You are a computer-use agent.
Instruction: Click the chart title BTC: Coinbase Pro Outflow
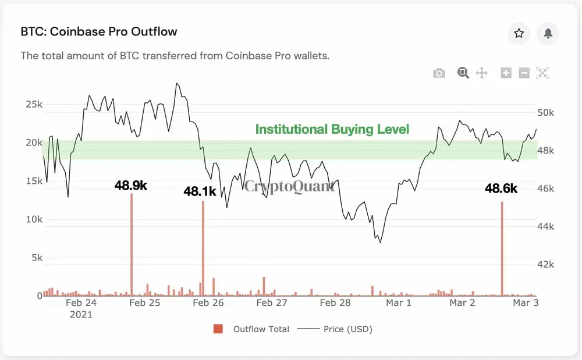(99, 31)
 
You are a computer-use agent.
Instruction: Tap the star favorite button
(519, 34)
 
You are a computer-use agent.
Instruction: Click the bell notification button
(548, 34)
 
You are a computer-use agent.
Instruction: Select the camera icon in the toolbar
(439, 73)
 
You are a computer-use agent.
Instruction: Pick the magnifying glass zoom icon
(463, 73)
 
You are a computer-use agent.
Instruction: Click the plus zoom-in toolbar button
(506, 73)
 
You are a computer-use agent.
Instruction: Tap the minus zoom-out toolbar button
(524, 73)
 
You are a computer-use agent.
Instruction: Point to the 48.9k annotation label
(130, 186)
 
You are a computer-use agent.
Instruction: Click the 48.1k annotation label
(200, 191)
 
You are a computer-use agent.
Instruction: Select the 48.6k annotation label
(501, 188)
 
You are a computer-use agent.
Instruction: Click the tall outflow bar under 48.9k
(132, 244)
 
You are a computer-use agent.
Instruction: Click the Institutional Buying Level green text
(332, 129)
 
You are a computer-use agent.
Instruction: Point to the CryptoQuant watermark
(289, 186)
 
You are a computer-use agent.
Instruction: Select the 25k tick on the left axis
(34, 105)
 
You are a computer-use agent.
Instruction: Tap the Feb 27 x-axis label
(272, 303)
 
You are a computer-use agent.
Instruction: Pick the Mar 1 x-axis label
(399, 303)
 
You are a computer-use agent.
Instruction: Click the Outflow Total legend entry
(261, 329)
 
